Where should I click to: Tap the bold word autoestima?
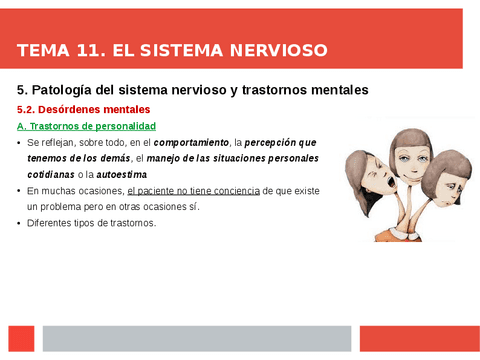tap(121, 174)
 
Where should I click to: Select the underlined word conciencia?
tap(234, 190)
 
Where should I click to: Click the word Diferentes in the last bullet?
tap(50, 223)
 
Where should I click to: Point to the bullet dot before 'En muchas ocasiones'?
tap(20, 190)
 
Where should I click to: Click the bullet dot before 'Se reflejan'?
tap(20, 144)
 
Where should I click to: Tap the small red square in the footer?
tap(21, 338)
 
